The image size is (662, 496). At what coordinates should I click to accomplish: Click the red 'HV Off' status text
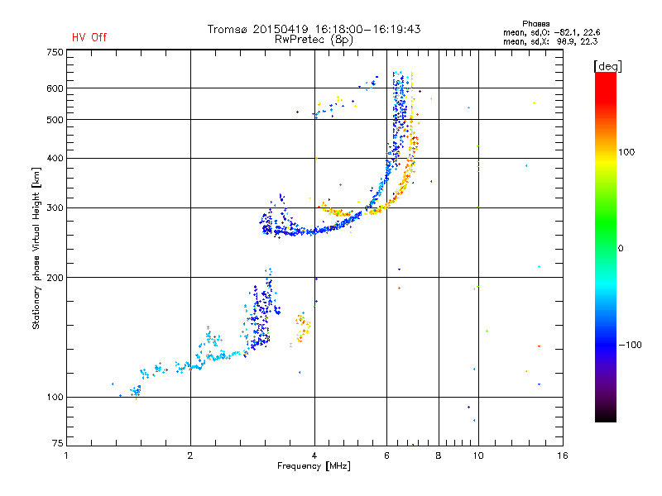tap(89, 37)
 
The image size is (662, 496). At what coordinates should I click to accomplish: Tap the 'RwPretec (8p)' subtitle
tap(314, 40)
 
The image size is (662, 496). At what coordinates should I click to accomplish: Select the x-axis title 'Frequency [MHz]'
tap(314, 466)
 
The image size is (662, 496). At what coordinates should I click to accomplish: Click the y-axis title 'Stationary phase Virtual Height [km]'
tap(36, 249)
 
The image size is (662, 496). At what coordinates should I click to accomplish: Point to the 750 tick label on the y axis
tap(55, 52)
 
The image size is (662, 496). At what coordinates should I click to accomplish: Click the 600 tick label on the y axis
tap(55, 88)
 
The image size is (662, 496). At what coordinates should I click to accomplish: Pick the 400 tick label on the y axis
tap(55, 159)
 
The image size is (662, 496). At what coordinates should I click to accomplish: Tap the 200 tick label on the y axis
tap(55, 278)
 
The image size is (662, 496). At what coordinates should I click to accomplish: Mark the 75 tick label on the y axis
tap(58, 443)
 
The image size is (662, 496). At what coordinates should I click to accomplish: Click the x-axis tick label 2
tap(190, 455)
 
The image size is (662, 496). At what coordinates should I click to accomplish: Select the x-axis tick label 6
tap(386, 455)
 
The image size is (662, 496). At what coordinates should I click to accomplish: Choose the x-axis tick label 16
tap(563, 455)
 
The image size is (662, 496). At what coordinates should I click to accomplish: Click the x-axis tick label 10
tap(478, 455)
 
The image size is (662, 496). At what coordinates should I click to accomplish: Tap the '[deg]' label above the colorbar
tap(607, 66)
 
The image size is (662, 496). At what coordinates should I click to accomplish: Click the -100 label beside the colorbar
tap(630, 345)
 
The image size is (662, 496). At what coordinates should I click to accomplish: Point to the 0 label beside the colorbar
tap(621, 249)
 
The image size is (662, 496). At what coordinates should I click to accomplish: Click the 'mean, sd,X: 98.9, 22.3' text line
tap(550, 42)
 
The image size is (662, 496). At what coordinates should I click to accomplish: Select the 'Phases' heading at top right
tap(535, 24)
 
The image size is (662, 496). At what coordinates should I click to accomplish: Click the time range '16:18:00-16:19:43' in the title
tap(367, 29)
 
